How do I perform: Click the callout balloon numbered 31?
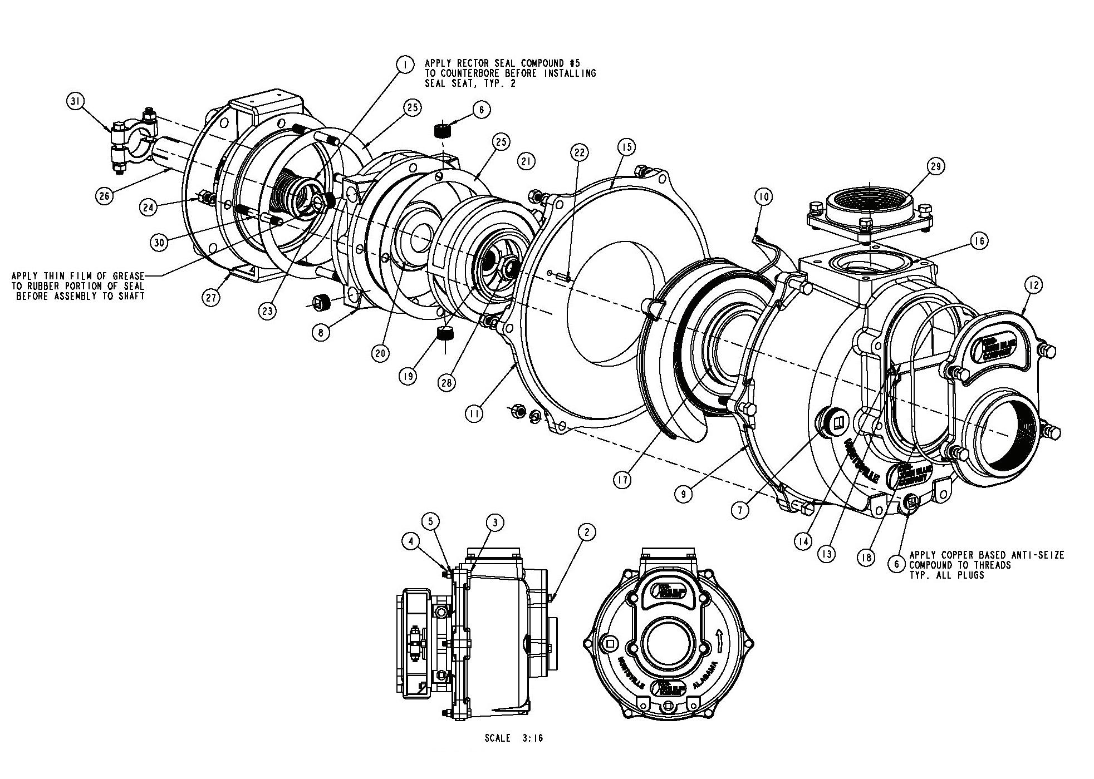tap(76, 101)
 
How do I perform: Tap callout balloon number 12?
tap(1033, 285)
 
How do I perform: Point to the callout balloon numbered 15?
tap(626, 147)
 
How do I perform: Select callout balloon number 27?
tap(211, 297)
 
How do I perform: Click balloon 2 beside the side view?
tap(586, 532)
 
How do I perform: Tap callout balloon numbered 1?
tap(405, 65)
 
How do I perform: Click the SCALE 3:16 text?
tap(513, 738)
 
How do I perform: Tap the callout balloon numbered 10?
tap(764, 197)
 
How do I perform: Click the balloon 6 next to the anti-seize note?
tap(896, 564)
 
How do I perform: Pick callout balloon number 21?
tap(526, 161)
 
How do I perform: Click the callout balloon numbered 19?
tap(408, 376)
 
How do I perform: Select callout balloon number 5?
tap(430, 521)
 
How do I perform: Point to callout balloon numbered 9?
tap(684, 494)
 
